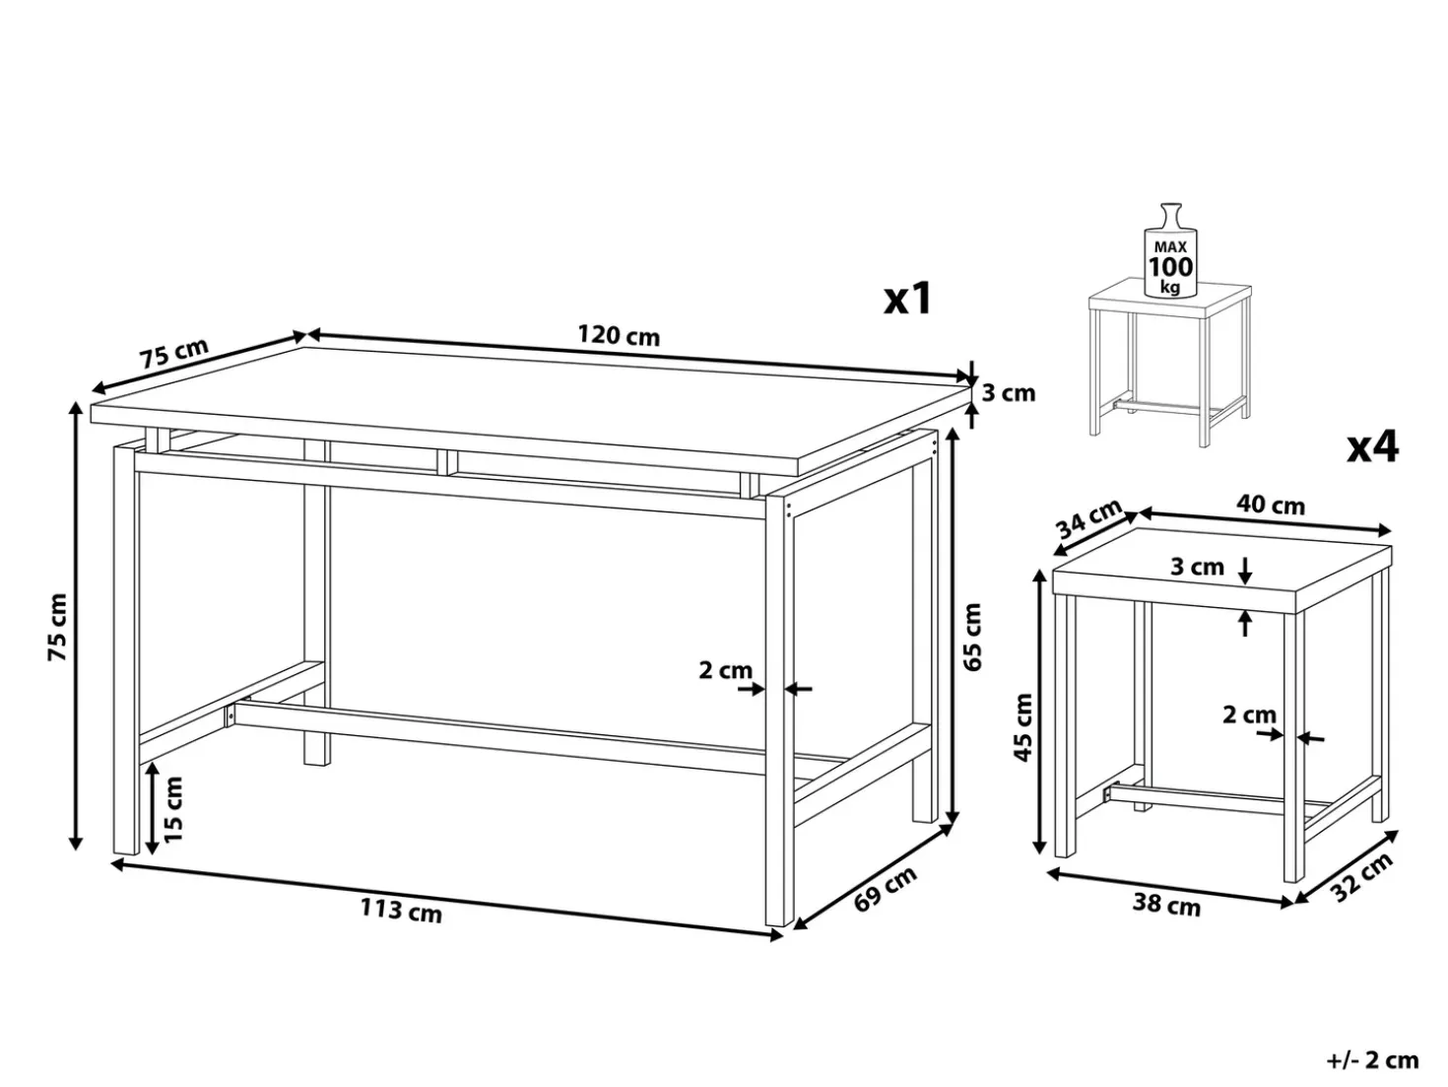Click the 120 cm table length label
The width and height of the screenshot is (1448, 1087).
pos(619,336)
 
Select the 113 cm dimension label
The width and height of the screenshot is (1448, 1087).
pos(401,911)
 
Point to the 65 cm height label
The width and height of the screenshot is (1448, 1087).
pos(972,637)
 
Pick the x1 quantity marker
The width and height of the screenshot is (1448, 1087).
pos(908,298)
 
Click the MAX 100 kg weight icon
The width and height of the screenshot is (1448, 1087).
pos(1170,250)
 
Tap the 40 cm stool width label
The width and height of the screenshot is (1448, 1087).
pos(1270,505)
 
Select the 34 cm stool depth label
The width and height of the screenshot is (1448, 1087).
pos(1089,518)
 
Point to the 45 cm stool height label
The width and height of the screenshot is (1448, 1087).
pos(1022,727)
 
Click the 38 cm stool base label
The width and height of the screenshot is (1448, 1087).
pos(1166,906)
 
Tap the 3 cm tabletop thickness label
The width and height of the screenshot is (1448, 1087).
pos(1009,393)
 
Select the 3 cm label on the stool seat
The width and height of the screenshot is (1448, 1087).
pos(1198,567)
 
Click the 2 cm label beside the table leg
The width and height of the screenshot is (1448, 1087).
pos(726,670)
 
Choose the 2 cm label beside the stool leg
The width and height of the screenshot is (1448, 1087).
pos(1249,714)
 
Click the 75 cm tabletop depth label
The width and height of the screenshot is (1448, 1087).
pos(174,354)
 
